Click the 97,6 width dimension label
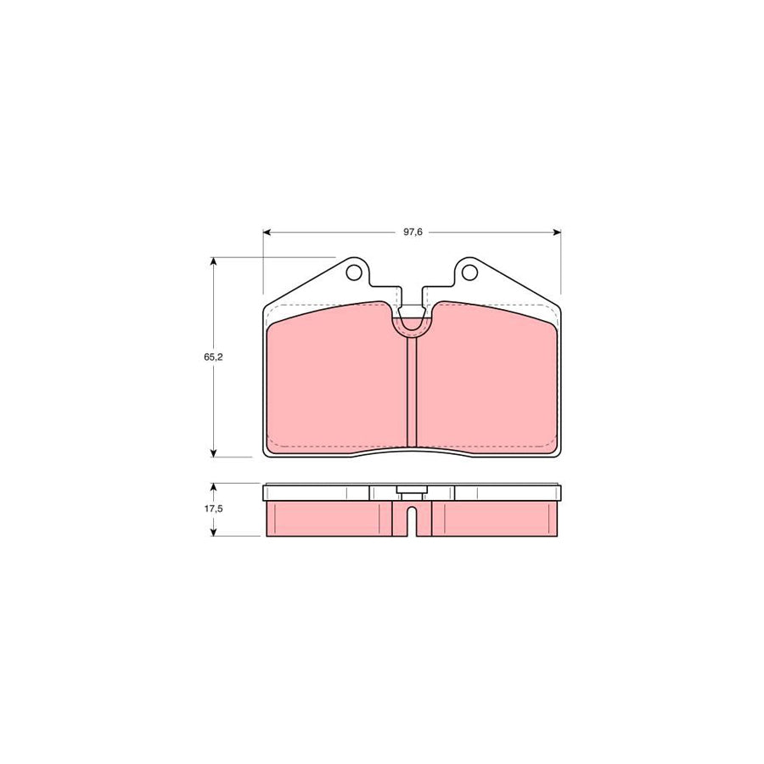[x=413, y=232]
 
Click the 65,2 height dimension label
[x=213, y=357]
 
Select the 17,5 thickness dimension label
[x=213, y=508]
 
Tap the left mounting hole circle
[x=354, y=272]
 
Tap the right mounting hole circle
[x=469, y=272]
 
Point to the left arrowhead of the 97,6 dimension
[x=267, y=233]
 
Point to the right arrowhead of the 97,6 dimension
[x=558, y=233]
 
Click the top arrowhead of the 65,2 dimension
[x=213, y=261]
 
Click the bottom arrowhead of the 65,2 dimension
[x=213, y=453]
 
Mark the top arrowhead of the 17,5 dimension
[x=213, y=486]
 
